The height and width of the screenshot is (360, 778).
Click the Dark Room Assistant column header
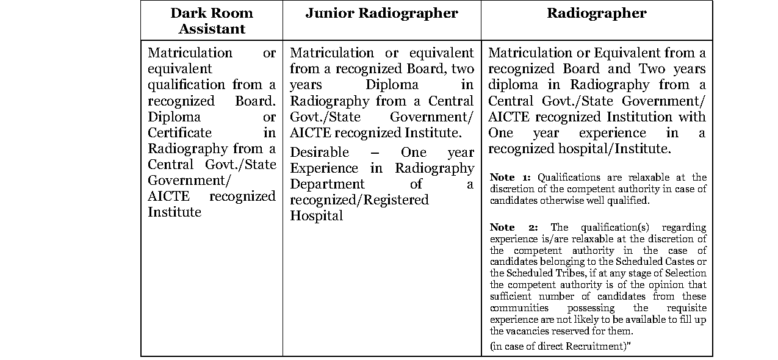click(212, 21)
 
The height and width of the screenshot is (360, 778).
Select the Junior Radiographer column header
click(381, 13)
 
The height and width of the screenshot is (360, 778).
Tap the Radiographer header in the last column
click(596, 13)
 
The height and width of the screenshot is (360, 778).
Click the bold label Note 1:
click(510, 178)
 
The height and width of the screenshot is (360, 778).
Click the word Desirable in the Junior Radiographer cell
click(319, 153)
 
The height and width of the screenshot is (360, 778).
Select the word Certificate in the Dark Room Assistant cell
click(179, 133)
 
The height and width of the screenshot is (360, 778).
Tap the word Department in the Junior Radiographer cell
click(327, 184)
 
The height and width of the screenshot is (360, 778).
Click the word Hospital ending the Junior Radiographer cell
click(316, 216)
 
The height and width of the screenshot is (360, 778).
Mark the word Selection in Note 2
click(682, 273)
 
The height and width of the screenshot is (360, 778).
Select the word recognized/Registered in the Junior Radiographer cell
click(359, 200)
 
